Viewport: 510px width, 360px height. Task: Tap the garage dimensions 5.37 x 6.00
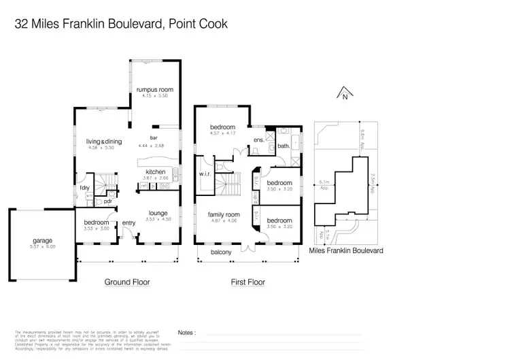[42, 246]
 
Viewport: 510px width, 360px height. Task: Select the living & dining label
[99, 141]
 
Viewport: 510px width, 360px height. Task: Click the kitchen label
[156, 172]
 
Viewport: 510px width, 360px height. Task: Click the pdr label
[107, 201]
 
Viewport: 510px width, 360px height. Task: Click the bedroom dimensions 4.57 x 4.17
[222, 133]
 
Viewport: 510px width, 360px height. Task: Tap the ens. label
[258, 141]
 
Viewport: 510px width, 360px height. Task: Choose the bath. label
[284, 146]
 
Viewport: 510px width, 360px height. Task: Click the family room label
[224, 214]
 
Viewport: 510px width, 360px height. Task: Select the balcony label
[220, 252]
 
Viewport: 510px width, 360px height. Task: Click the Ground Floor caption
[127, 282]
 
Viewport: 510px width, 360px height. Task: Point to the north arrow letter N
[346, 97]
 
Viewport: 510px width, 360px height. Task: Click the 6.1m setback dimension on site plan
[324, 182]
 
